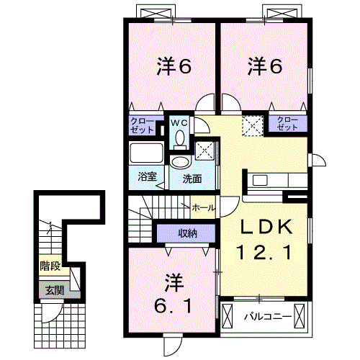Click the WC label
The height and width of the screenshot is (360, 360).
pos(178,122)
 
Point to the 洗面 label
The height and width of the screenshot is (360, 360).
pos(191,178)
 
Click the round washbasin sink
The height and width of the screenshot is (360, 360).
pos(179,161)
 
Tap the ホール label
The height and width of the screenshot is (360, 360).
pos(202,207)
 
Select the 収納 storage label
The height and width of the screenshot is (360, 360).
pos(188,233)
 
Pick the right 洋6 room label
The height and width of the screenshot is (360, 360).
pos(265,67)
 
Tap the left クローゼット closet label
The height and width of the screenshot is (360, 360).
pos(142,125)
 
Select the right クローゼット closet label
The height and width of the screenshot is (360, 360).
pos(287,123)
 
